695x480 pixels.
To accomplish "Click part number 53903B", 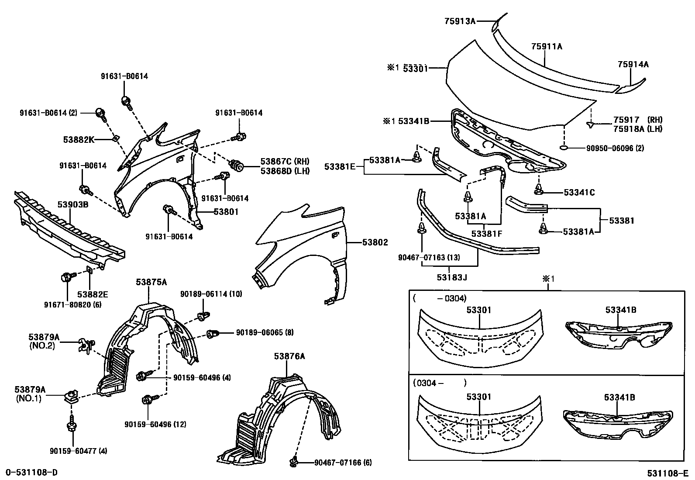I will click(73, 204).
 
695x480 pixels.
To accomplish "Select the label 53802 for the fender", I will click(375, 243).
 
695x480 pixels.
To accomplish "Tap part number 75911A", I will click(546, 46).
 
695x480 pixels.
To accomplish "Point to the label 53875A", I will click(151, 282).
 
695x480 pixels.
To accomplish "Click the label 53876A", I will click(289, 356).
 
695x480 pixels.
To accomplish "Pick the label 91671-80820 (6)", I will click(73, 304).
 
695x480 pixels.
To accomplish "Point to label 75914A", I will click(633, 65).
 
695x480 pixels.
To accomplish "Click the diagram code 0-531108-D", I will click(31, 472).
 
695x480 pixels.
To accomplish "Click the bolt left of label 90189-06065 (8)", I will click(213, 334).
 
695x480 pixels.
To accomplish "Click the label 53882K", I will click(79, 139).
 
